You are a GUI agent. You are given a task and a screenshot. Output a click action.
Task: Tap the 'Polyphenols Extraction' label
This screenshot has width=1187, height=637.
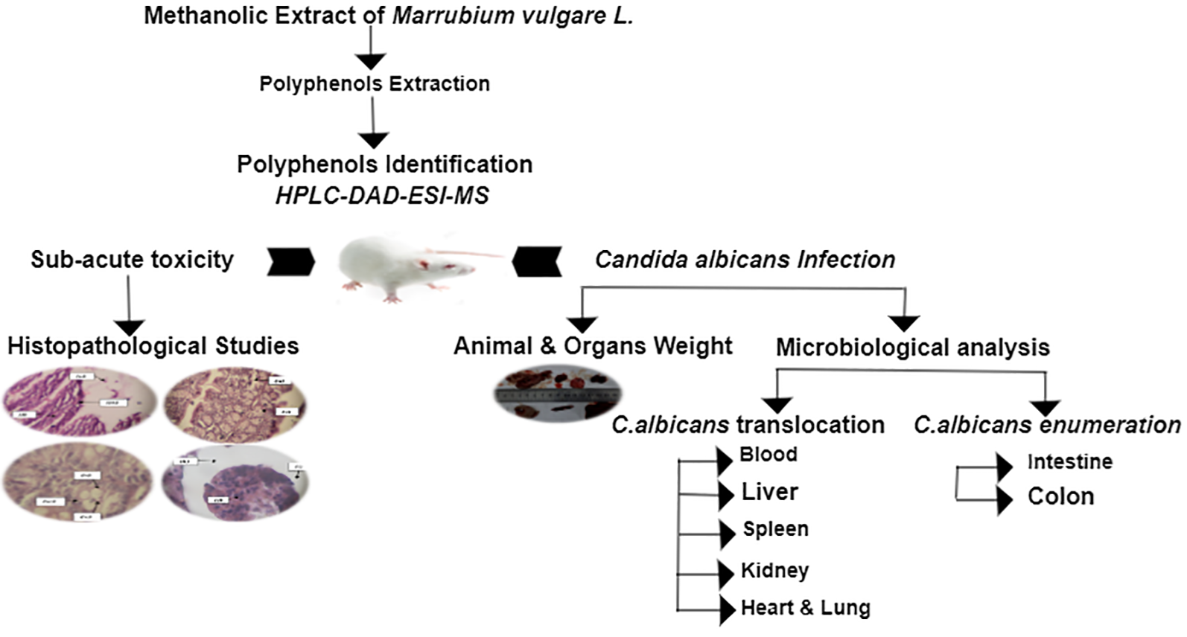click(x=375, y=83)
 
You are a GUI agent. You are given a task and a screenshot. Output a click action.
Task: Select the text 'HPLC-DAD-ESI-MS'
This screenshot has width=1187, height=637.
click(x=382, y=195)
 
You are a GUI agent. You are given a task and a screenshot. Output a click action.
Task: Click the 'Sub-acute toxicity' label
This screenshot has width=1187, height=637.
click(x=132, y=259)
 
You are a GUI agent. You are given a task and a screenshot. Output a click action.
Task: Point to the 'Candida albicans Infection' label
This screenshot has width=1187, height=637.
click(x=745, y=260)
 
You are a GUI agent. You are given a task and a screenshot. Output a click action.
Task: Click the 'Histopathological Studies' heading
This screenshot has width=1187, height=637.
click(x=153, y=346)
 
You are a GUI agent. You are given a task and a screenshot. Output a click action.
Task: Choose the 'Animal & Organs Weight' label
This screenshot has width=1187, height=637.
click(x=593, y=345)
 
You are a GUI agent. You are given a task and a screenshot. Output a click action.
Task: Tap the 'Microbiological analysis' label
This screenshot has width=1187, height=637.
click(x=912, y=347)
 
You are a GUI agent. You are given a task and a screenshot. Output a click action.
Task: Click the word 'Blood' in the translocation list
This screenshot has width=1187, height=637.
click(x=768, y=454)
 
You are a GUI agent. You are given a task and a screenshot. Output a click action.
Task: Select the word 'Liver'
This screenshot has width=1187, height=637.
click(x=770, y=492)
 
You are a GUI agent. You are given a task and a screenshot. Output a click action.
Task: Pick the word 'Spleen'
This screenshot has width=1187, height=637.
click(x=775, y=529)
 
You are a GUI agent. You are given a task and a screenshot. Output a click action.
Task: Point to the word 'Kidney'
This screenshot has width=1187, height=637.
click(x=774, y=571)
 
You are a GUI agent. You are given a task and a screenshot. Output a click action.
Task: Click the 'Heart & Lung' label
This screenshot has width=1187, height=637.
click(x=805, y=608)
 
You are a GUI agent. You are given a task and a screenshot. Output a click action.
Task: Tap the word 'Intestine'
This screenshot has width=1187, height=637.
click(x=1069, y=462)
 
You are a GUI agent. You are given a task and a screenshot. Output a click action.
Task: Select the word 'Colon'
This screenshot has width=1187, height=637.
click(x=1060, y=496)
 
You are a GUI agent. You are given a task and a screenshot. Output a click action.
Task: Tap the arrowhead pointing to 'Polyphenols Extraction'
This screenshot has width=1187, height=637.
click(x=372, y=62)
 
